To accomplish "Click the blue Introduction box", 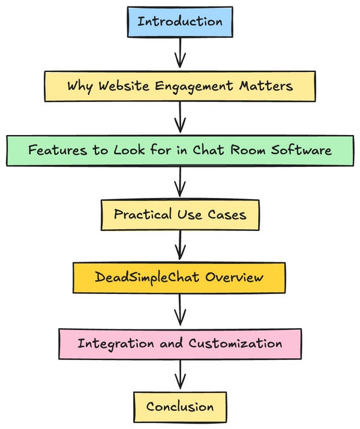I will pos(180,22).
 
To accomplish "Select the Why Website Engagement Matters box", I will pos(180,86).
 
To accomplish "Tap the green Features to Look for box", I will pos(180,150).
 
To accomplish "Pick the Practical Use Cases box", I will pos(180,214).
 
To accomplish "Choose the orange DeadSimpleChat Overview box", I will pos(179,278).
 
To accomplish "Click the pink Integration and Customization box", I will pos(180,343).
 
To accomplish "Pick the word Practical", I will pos(140,214).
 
